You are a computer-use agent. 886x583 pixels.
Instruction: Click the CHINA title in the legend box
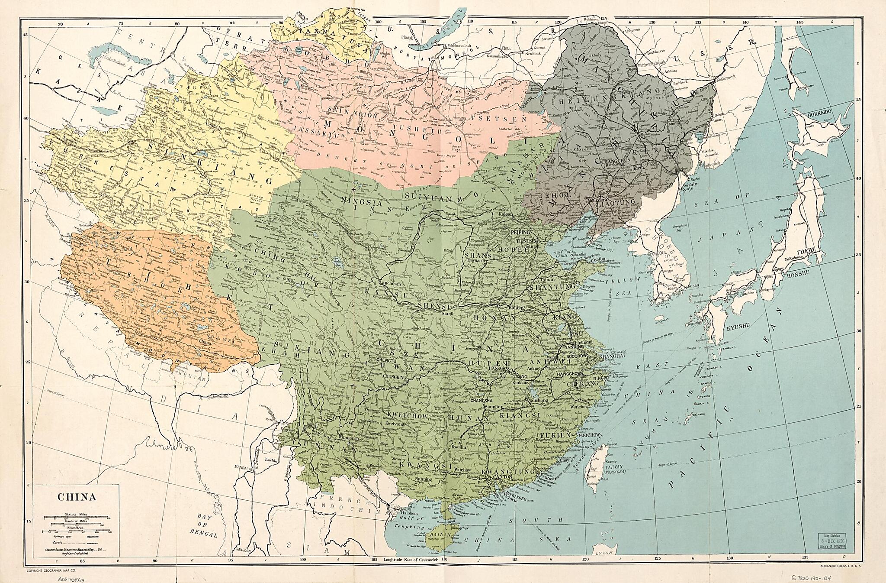coord(77,497)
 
